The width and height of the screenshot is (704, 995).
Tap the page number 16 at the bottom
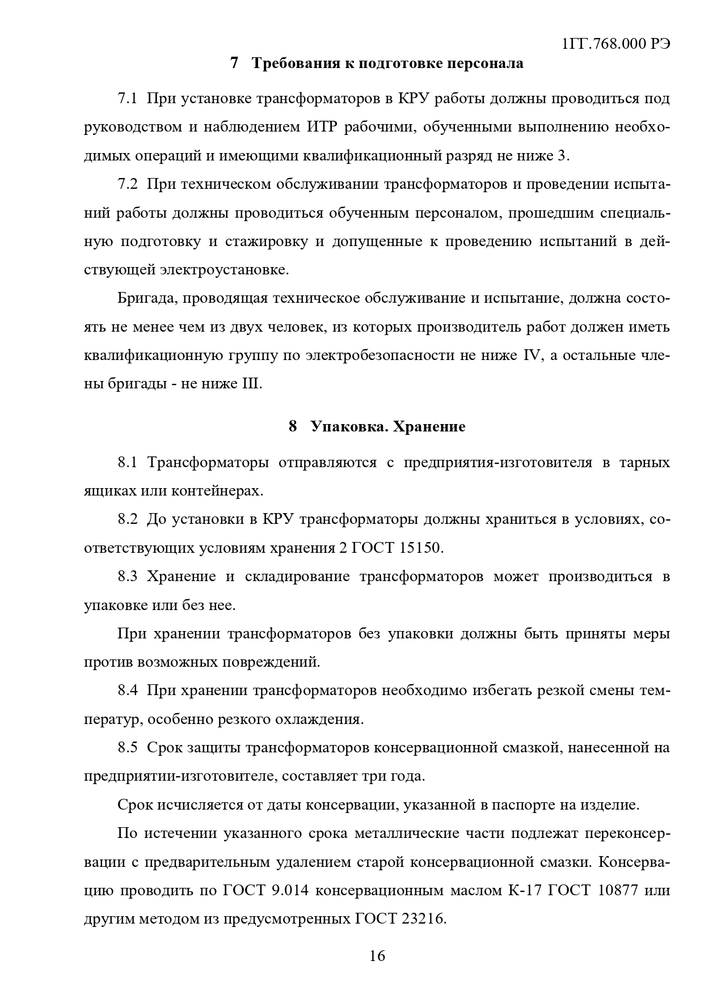point(377,956)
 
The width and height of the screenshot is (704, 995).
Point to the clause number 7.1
point(128,99)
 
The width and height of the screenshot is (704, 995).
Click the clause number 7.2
point(128,184)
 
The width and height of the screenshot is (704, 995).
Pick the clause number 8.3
point(128,577)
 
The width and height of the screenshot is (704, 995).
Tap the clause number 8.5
point(128,747)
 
